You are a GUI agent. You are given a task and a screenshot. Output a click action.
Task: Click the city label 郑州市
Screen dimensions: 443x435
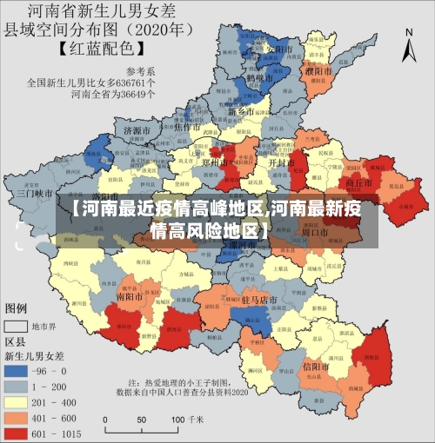[212, 162]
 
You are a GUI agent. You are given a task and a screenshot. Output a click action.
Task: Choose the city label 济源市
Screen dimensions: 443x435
[138, 131]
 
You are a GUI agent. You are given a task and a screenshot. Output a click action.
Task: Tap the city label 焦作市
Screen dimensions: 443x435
[190, 127]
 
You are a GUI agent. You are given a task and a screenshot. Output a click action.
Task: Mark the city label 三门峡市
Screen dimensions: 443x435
[35, 194]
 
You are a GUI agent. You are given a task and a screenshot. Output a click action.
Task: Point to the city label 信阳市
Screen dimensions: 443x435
[314, 366]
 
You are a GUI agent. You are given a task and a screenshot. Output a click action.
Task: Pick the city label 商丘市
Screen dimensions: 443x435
[359, 183]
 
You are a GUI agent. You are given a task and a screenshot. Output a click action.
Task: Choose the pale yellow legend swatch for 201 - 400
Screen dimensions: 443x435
[16, 400]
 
